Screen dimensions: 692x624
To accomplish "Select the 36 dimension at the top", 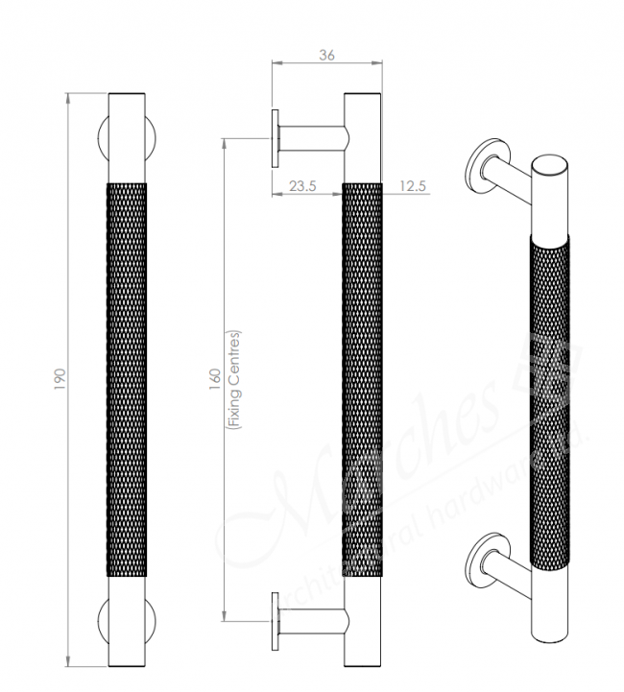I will [327, 56].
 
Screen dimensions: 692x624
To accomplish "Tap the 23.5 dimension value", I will [302, 186].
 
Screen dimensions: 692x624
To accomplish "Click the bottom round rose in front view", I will [103, 621].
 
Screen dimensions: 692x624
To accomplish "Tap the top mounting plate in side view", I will [276, 142].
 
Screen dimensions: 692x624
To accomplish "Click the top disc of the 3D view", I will [479, 167].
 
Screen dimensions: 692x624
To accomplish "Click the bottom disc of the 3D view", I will [479, 559].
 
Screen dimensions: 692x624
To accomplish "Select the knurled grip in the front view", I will [128, 379].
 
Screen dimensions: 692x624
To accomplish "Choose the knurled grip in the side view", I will [363, 379].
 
